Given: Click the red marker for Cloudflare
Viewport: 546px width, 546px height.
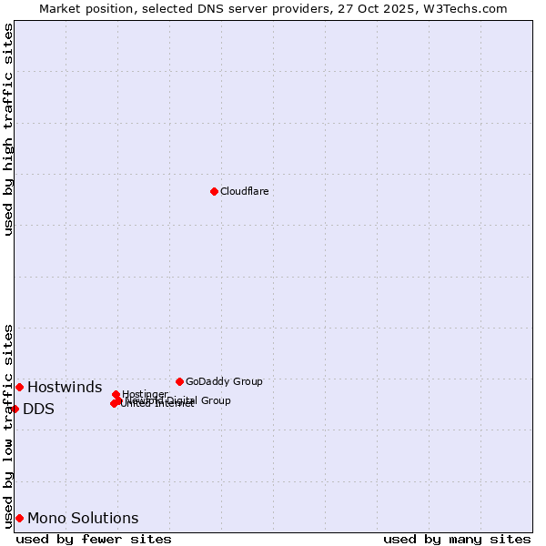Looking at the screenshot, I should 214,191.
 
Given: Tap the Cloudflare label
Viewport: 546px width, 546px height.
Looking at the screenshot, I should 244,191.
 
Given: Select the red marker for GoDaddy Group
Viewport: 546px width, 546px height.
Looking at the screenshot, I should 179,381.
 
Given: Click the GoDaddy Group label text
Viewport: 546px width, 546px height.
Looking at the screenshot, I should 223,381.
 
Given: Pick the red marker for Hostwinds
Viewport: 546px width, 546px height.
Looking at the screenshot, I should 19,387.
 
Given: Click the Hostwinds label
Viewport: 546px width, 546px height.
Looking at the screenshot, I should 64,388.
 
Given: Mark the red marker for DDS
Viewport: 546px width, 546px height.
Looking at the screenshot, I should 15,409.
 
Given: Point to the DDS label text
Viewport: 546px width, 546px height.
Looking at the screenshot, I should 38,409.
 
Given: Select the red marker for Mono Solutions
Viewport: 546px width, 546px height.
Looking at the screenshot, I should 19,518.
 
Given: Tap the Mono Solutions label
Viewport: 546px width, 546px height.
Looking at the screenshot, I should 83,519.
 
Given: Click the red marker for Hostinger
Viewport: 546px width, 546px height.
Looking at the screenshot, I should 116,395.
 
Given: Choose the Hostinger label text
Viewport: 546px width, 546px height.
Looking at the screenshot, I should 145,394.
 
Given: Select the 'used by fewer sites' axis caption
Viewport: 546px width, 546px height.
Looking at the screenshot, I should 94,540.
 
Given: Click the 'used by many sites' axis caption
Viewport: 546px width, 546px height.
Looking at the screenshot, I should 457,540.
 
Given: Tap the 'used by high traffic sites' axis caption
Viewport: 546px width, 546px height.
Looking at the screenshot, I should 8,129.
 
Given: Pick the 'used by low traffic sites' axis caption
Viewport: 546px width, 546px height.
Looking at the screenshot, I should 8,426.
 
